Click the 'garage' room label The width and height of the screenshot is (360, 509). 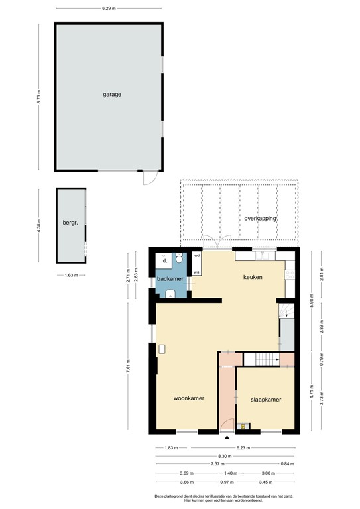coord(111,95)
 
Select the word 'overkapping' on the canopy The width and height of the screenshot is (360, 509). coord(260,218)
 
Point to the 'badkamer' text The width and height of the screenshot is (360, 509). coord(170,280)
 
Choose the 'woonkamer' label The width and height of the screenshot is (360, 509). coord(188,398)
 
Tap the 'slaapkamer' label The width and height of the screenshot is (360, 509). coord(266,400)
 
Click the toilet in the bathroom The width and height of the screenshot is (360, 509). coord(180,260)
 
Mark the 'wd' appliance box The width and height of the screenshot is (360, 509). coord(197,255)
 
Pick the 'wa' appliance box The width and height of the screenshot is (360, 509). coord(197,272)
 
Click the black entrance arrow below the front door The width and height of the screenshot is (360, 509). coord(227,437)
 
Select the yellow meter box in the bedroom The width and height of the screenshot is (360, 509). coord(243,426)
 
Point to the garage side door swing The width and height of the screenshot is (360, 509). coord(151,177)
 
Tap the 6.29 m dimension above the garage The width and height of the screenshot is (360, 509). coord(109,9)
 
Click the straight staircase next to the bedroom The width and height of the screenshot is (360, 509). coord(263,359)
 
